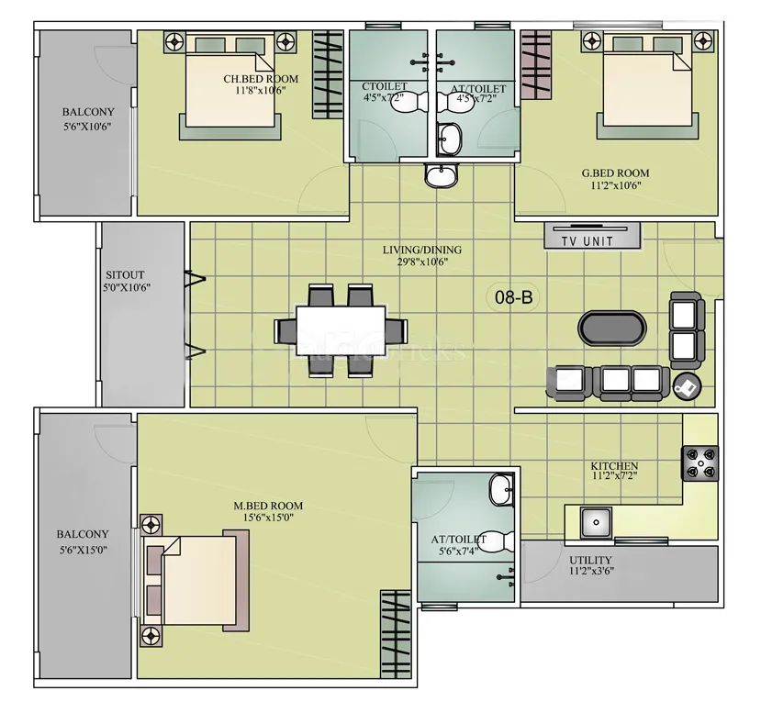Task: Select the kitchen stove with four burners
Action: [x=699, y=463]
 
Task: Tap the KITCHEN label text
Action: [x=614, y=466]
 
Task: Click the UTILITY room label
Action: [x=590, y=560]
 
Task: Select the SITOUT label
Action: [x=125, y=274]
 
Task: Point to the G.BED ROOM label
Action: [x=615, y=173]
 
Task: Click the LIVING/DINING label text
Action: [x=422, y=250]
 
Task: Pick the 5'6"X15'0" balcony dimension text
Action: [x=83, y=551]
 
